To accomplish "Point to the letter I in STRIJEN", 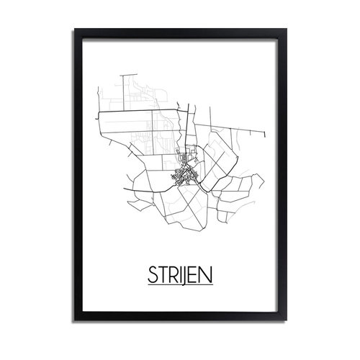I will [179, 276].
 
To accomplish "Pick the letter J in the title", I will [185, 276].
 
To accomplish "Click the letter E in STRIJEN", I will [194, 276].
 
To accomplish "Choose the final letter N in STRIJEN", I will [207, 276].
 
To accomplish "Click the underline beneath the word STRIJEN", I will [179, 286].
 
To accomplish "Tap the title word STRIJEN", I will [179, 276].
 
